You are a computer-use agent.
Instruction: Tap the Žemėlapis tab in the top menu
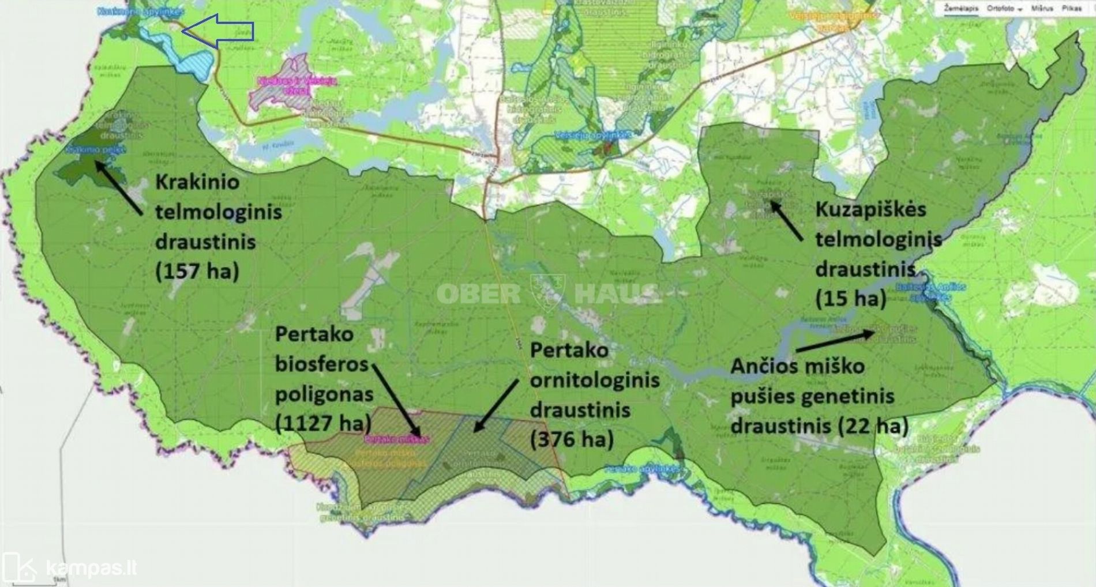coord(960,9)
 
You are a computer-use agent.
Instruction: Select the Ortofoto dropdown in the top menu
coord(1004,9)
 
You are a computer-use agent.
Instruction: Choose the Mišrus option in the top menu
coord(1042,9)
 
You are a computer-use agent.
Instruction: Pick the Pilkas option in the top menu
coord(1071,9)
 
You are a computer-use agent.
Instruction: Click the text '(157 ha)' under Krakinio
coord(197,270)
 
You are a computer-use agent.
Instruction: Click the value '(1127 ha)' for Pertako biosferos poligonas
coord(323,424)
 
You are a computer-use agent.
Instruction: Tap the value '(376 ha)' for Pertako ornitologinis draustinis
coord(572,439)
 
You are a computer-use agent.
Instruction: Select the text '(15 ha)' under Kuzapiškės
coord(850,298)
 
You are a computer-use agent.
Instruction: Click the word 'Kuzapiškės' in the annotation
coord(870,209)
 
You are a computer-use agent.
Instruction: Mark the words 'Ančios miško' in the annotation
coord(797,366)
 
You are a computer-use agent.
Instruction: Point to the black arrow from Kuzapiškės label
coord(786,220)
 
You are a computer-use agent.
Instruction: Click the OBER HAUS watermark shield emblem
coord(547,293)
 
